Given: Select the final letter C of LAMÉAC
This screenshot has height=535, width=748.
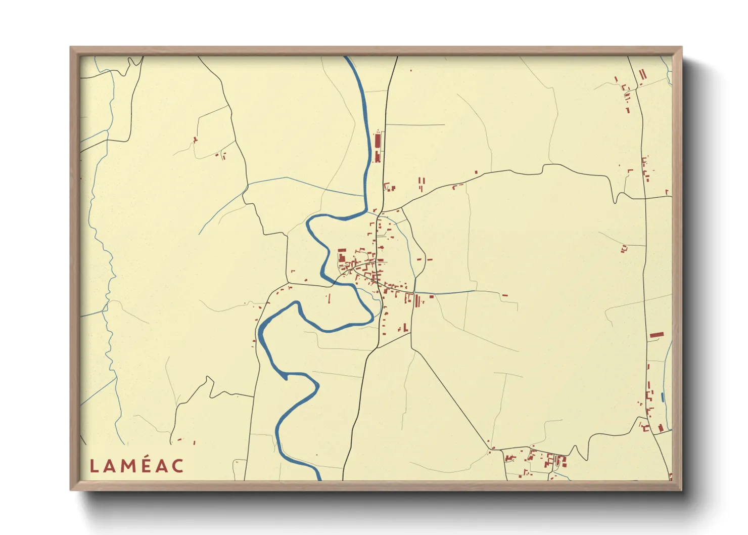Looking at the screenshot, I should tap(177, 466).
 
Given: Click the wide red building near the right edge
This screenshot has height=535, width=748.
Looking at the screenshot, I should tap(656, 334).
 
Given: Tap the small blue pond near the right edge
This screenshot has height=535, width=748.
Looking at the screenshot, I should tap(662, 397).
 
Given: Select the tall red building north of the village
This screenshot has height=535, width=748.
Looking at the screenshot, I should tap(377, 140).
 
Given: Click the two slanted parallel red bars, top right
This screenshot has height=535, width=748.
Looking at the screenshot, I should tap(642, 75).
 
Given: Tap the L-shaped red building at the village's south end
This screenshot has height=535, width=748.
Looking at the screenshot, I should tap(405, 328).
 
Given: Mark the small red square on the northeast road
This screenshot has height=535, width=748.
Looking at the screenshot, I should tap(476, 173).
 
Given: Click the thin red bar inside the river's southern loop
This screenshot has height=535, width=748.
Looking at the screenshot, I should tap(329, 298).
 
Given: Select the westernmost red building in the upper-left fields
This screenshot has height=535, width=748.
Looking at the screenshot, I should tap(195, 140).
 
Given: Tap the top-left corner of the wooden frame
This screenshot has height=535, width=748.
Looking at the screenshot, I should tap(71, 48).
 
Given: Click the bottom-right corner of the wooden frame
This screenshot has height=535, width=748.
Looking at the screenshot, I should tap(681, 490).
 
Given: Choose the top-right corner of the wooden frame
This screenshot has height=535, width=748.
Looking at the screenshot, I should tap(681, 48).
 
